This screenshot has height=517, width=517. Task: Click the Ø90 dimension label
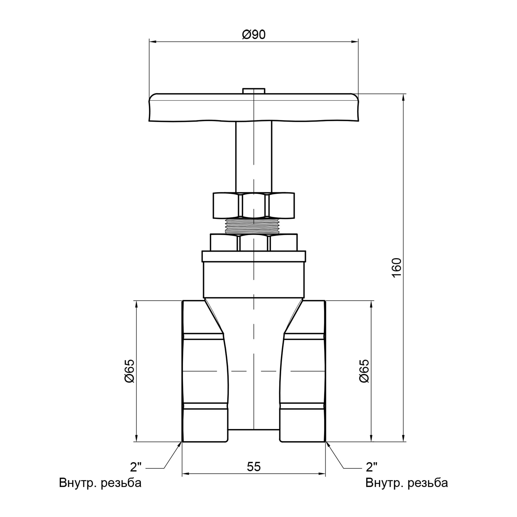(x=254, y=35)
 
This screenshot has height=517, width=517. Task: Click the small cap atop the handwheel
(x=253, y=91)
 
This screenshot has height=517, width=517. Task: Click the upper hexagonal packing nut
(x=253, y=205)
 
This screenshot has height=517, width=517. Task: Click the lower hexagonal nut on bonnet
(x=253, y=242)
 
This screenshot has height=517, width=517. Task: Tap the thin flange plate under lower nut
(x=253, y=256)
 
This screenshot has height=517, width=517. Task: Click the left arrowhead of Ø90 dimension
(x=152, y=42)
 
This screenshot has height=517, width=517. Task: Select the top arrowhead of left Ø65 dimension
(x=136, y=303)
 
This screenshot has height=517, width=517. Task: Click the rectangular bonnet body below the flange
(x=253, y=280)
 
